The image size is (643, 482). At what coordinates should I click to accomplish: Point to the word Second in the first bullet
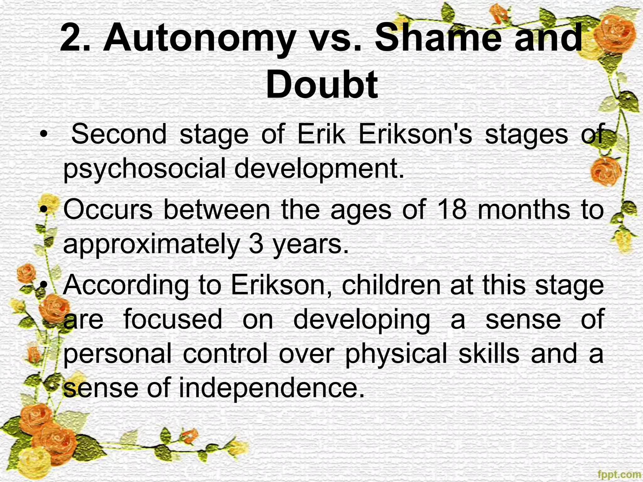[119, 134]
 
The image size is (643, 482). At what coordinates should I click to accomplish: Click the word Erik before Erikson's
[321, 134]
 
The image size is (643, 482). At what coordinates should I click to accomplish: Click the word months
[524, 210]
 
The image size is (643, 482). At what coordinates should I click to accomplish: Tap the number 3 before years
[256, 244]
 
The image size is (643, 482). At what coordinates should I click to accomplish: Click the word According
[126, 285]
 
